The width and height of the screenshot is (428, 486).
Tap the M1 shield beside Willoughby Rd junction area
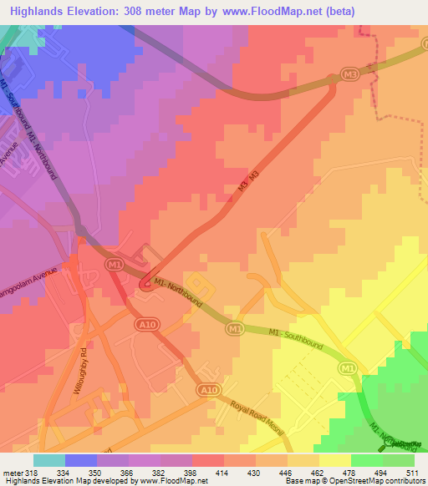coord(115,265)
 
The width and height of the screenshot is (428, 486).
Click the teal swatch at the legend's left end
coord(48,460)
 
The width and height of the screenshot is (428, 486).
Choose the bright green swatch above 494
coord(366,460)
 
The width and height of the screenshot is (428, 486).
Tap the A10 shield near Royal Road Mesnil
coord(210,391)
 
